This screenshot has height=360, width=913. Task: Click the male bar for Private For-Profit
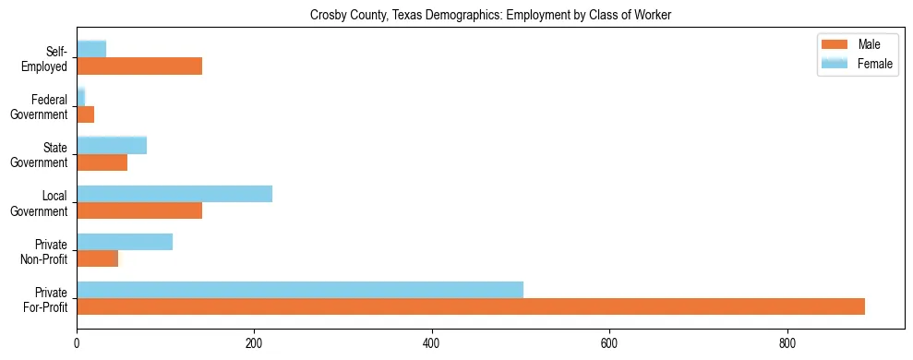tap(471, 306)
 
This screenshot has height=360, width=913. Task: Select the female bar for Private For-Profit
tap(300, 289)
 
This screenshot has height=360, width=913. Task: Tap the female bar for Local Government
tap(174, 193)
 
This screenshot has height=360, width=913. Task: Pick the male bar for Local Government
tap(139, 210)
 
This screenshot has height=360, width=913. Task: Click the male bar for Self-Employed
tap(139, 66)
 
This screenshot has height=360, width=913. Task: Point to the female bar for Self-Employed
tap(91, 49)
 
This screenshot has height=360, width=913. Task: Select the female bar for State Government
tap(112, 145)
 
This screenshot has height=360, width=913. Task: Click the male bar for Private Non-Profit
tap(97, 258)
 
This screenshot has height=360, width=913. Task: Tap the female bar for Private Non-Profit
tap(125, 241)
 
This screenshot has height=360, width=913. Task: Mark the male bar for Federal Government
tap(85, 114)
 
